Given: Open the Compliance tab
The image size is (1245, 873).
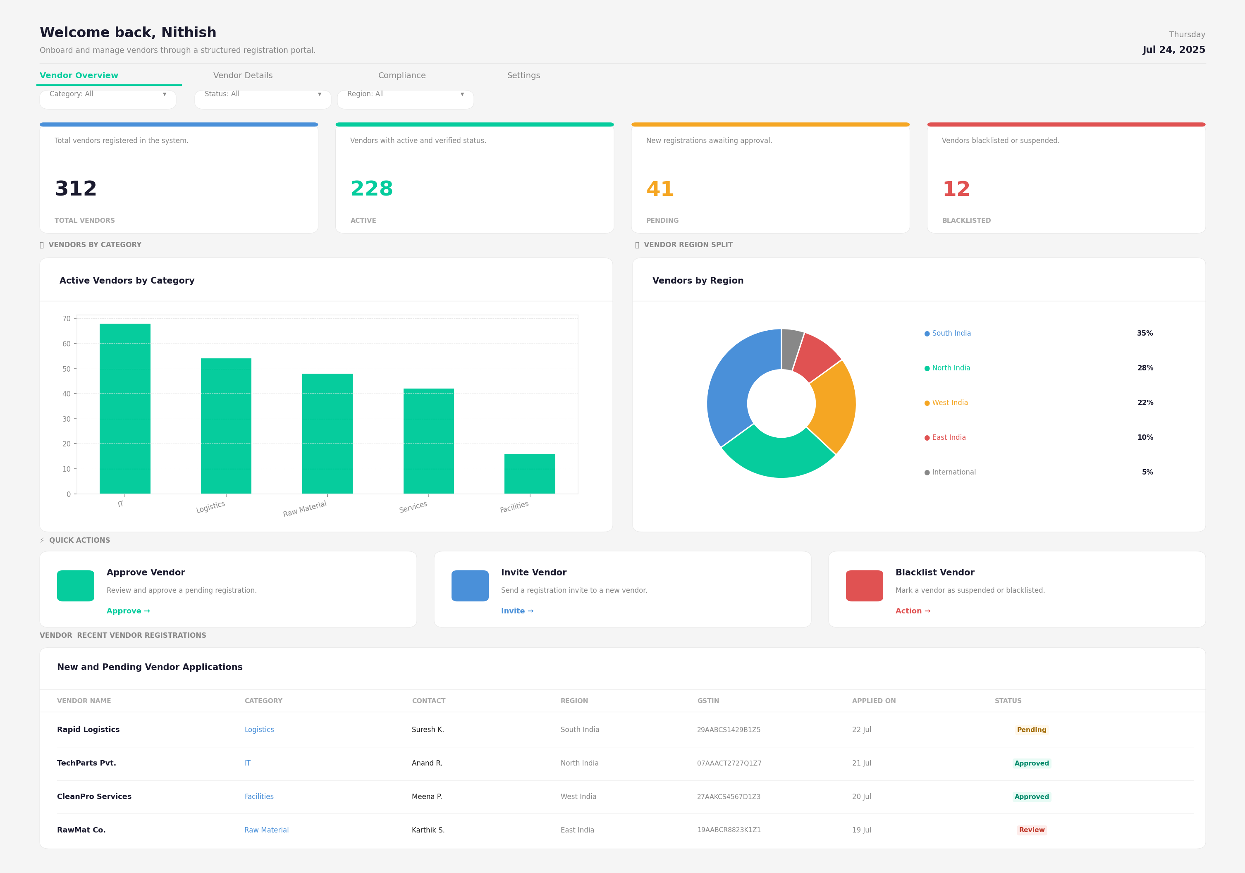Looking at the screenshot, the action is (402, 75).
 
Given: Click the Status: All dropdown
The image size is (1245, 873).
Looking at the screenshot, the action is (263, 99).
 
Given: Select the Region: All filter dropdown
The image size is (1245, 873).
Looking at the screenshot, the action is (405, 99).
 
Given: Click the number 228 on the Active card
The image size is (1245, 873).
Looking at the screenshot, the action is (371, 189).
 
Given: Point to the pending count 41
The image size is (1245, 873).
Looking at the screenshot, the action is (660, 189).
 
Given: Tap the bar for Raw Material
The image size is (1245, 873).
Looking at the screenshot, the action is (327, 433).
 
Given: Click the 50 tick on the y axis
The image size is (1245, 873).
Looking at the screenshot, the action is (66, 369).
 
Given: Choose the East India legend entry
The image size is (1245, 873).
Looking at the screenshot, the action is (945, 438).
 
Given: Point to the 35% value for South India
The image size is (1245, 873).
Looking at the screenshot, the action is (1145, 334).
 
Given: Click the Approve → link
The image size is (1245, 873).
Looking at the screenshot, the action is (128, 611).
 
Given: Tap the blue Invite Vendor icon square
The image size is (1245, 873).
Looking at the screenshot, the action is (470, 586).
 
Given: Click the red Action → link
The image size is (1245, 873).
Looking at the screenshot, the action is (913, 611).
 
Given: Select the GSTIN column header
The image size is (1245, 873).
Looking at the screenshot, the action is (707, 701).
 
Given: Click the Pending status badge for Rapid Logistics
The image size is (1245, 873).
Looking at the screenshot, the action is (1031, 730).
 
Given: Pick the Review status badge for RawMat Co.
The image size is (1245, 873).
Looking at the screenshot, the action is (1031, 830).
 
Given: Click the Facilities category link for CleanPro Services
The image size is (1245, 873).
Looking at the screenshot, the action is (259, 797).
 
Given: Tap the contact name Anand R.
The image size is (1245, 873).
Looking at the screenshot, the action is (427, 763).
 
